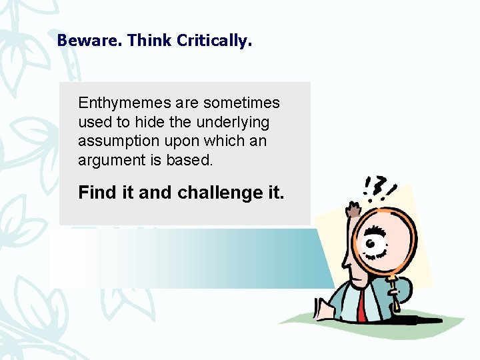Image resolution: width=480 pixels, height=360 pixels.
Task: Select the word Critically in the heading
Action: (214, 41)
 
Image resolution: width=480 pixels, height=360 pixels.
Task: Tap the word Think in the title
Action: (149, 41)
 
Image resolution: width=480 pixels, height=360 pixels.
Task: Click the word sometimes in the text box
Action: (241, 103)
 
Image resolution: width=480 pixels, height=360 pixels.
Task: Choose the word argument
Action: (107, 161)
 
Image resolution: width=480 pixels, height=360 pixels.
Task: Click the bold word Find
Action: (97, 193)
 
